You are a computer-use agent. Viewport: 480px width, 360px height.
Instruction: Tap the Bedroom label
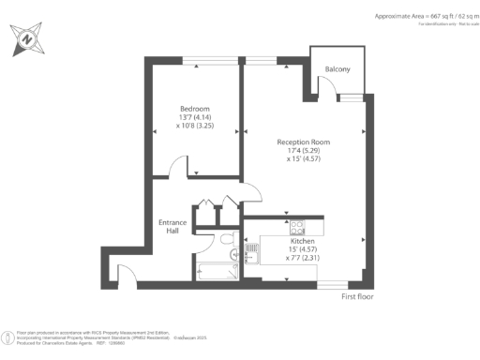pyautogui.click(x=194, y=109)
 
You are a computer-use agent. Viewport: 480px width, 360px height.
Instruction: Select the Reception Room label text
pyautogui.click(x=303, y=142)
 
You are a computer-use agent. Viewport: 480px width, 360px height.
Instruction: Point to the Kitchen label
pyautogui.click(x=276, y=241)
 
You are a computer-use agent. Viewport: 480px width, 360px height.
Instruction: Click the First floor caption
pyautogui.click(x=361, y=296)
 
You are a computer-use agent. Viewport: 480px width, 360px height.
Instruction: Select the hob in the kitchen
pyautogui.click(x=297, y=226)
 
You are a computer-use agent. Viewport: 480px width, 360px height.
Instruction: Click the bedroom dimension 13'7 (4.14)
pyautogui.click(x=194, y=117)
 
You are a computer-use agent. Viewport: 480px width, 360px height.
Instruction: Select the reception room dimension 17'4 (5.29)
pyautogui.click(x=303, y=150)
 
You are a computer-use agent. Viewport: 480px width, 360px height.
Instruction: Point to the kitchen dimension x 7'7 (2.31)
pyautogui.click(x=277, y=258)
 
